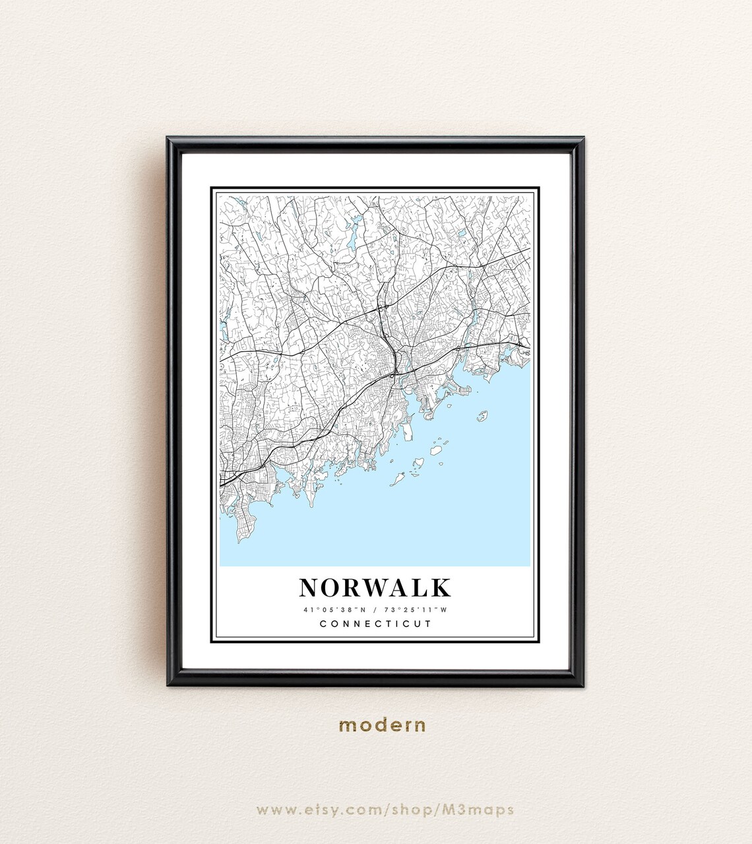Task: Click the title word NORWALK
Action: click(x=375, y=587)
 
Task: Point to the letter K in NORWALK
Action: click(x=441, y=587)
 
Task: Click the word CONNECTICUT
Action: click(x=375, y=624)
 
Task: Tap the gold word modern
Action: click(x=383, y=725)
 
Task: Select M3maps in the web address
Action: click(x=480, y=809)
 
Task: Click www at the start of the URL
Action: click(x=273, y=809)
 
